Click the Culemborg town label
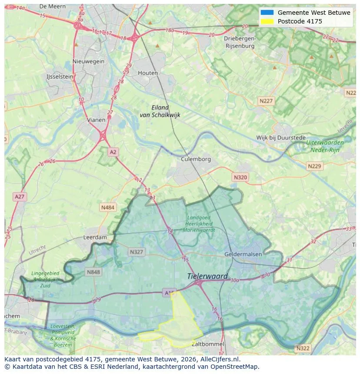[x=196, y=159]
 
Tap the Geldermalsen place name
[x=243, y=254]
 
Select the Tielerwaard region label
[x=207, y=276]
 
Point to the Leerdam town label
[x=95, y=238]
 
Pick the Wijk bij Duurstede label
[x=281, y=138]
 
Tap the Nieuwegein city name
[x=89, y=61]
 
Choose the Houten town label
[x=148, y=73]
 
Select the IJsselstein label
[x=60, y=76]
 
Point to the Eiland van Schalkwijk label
[x=160, y=111]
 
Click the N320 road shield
[x=240, y=177]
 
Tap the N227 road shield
[x=266, y=101]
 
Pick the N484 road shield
[x=108, y=208]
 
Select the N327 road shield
[x=136, y=252]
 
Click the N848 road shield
[x=93, y=272]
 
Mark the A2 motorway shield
[x=113, y=152]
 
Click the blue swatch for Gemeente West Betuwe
[x=267, y=13]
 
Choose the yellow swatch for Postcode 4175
[x=267, y=21]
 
